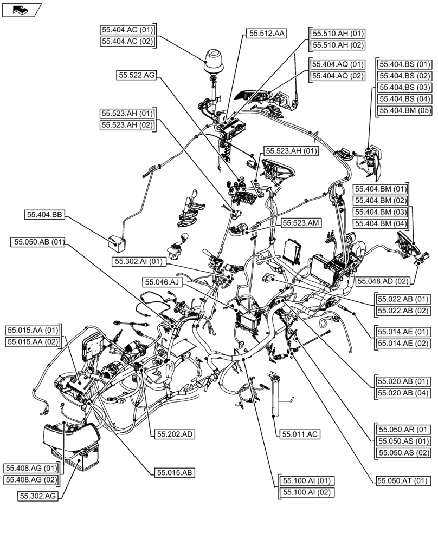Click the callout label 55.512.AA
coord(267,34)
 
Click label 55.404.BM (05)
coord(405,110)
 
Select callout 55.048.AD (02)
coord(382,281)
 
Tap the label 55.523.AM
coord(300,223)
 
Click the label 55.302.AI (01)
coord(138,262)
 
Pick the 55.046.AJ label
coord(161,282)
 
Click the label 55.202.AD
coord(175,434)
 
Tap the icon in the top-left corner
coord(22,9)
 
